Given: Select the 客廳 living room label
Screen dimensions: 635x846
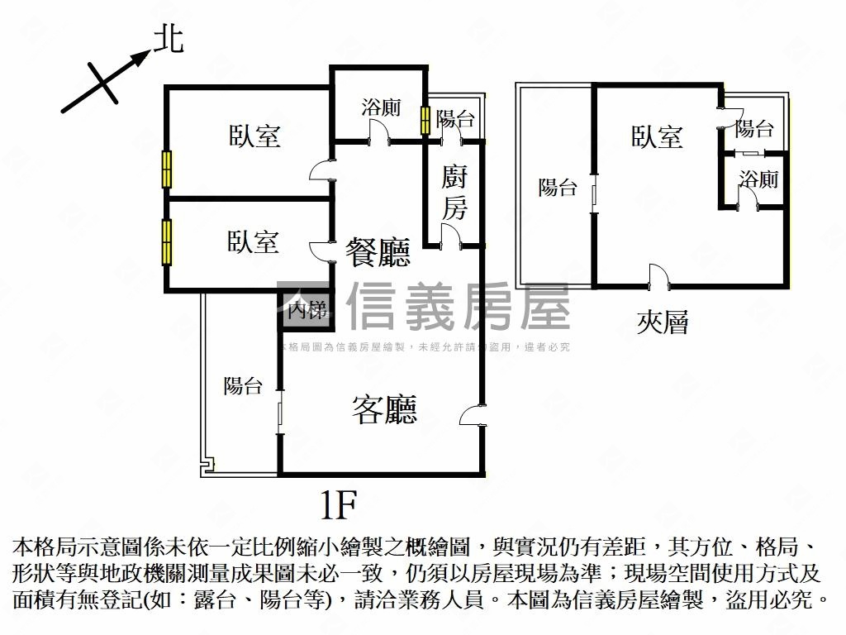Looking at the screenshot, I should [384, 408].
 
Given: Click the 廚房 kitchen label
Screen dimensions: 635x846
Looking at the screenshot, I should [454, 192].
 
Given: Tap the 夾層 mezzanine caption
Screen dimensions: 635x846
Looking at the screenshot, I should [663, 322].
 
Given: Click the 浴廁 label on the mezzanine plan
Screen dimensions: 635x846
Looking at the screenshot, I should [758, 179].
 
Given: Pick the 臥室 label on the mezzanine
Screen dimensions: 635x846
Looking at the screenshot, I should [658, 136].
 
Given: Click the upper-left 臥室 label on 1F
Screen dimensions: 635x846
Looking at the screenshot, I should [254, 136].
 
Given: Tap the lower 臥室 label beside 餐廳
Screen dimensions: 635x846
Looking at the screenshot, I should [254, 242].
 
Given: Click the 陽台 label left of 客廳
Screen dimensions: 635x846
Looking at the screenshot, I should [243, 385].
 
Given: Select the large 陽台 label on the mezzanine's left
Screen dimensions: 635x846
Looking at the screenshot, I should [558, 188].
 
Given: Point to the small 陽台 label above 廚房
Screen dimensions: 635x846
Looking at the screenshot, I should [455, 119].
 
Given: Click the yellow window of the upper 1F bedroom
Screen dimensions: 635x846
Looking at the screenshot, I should [167, 170].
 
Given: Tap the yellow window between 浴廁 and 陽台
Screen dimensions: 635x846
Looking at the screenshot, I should [425, 120].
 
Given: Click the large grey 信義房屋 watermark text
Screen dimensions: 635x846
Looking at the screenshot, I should [459, 306].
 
